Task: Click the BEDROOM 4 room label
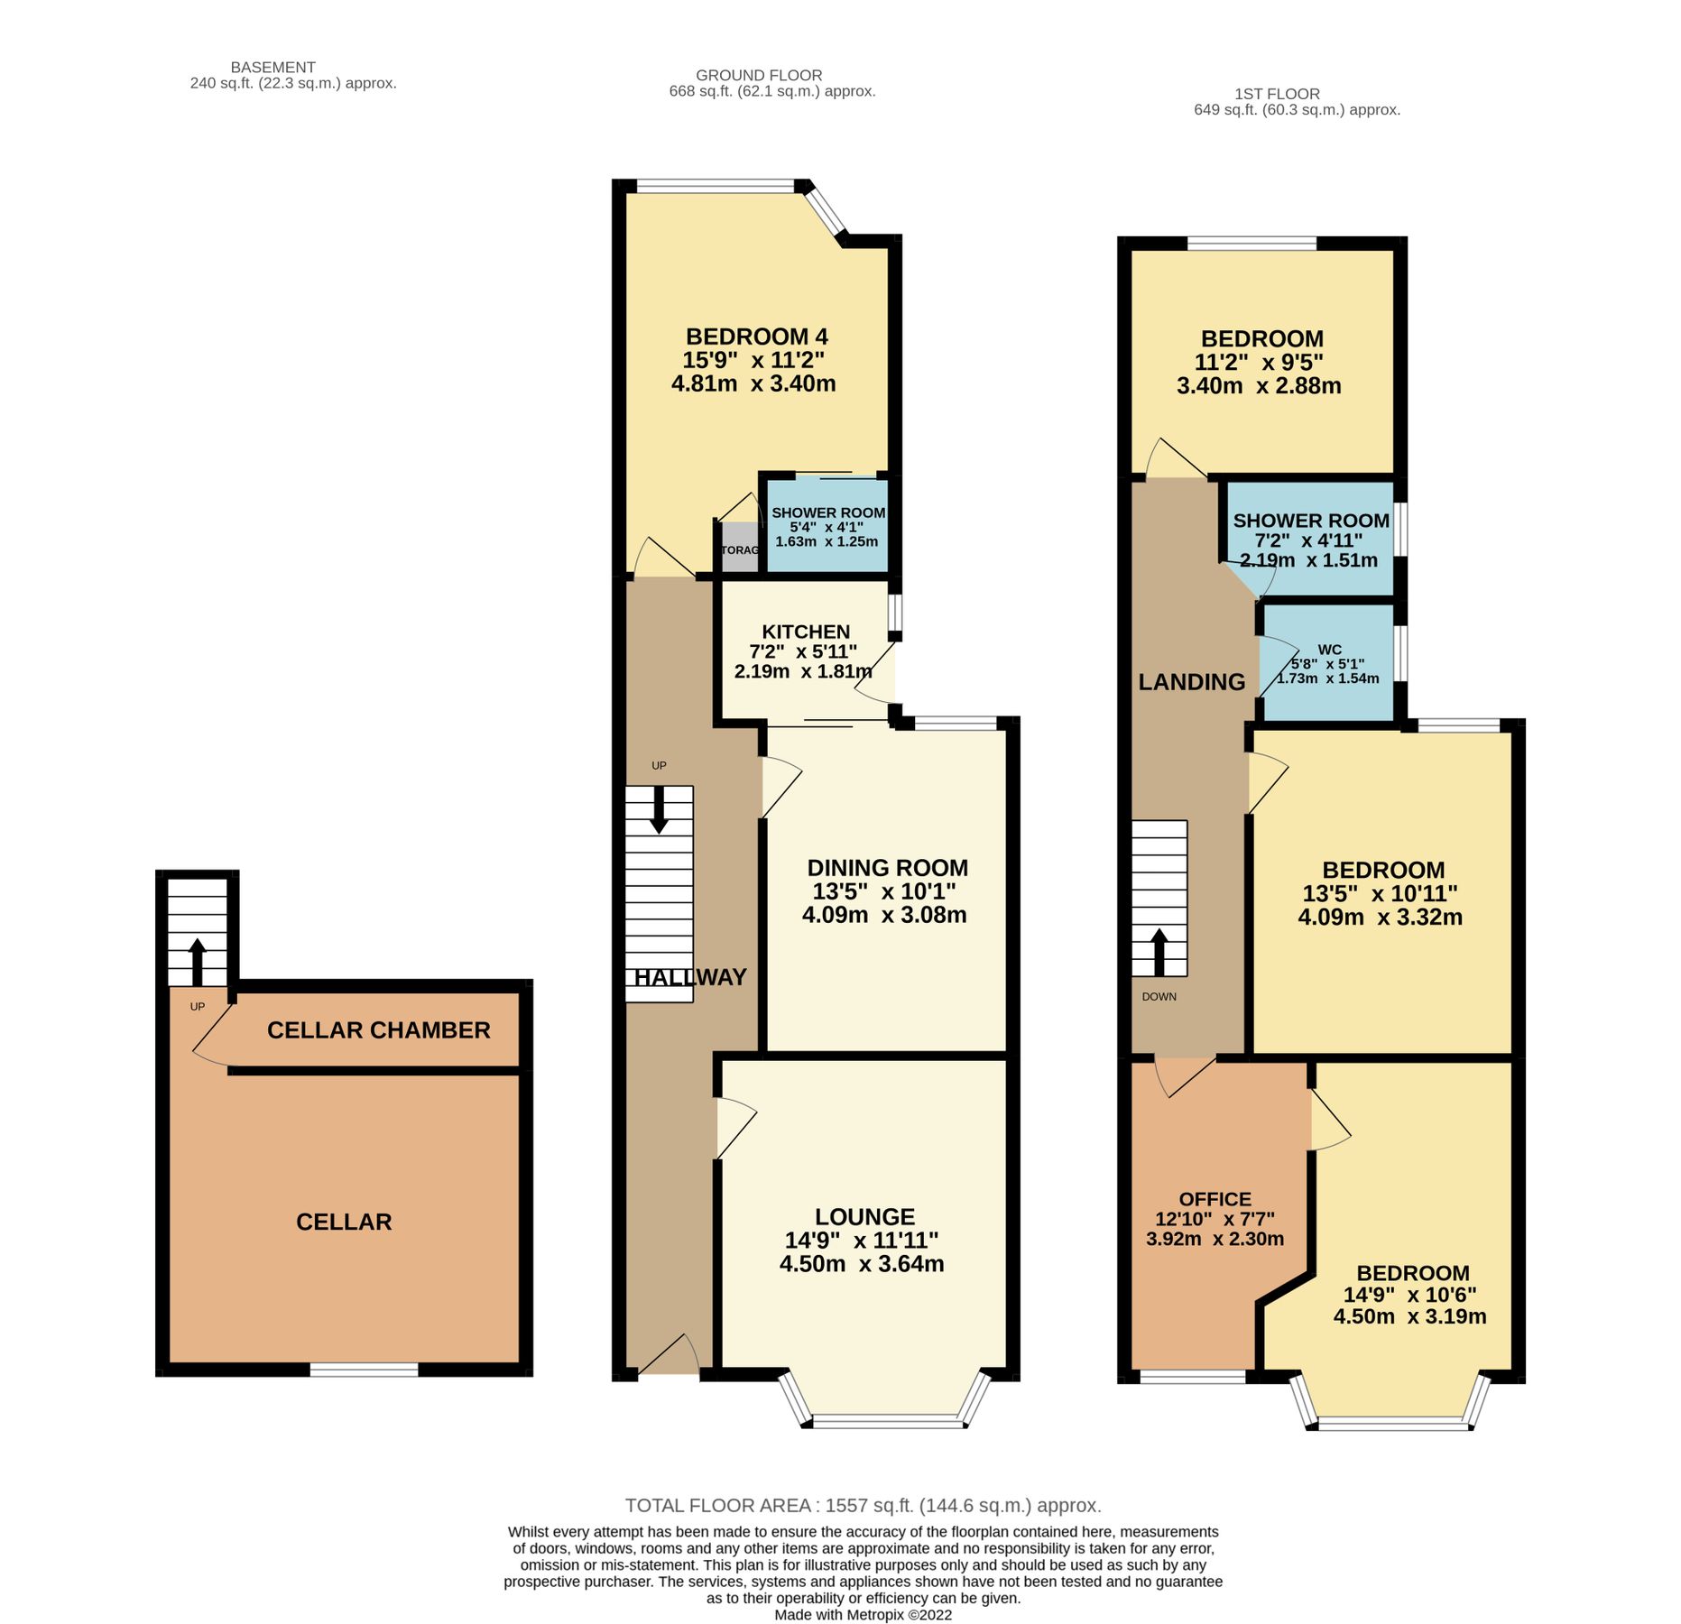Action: (x=756, y=337)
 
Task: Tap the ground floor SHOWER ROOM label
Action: (x=827, y=512)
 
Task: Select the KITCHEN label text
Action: (x=805, y=632)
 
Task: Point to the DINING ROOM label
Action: (x=886, y=868)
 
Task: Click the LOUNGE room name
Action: (x=864, y=1216)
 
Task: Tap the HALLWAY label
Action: (x=689, y=977)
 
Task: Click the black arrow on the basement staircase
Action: (x=197, y=960)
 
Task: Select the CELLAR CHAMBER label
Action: (x=378, y=1029)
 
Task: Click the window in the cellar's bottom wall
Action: (x=364, y=1370)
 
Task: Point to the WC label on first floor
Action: (x=1328, y=650)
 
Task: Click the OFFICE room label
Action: (x=1215, y=1199)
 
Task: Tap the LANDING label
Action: (x=1191, y=682)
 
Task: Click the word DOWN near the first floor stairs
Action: (x=1159, y=997)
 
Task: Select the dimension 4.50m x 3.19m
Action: (x=1409, y=1316)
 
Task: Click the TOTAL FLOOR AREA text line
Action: (x=863, y=1505)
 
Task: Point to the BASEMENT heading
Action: (x=272, y=68)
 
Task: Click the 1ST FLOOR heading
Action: (x=1276, y=94)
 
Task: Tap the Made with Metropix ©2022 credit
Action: (x=863, y=1614)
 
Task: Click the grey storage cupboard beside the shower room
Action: (x=739, y=550)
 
